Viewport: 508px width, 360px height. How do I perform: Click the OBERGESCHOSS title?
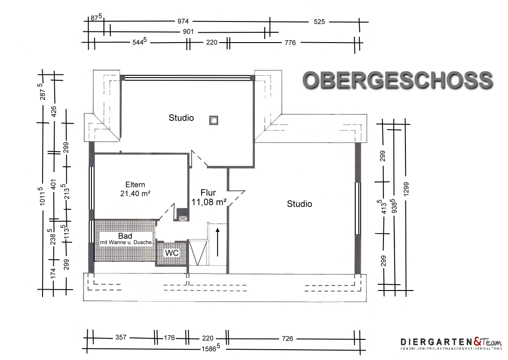[397, 80]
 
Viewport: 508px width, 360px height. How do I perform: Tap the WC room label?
[172, 253]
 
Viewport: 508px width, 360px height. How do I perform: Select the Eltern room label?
[135, 185]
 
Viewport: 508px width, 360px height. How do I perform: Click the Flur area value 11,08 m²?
[209, 202]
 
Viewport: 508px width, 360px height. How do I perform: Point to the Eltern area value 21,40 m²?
[135, 194]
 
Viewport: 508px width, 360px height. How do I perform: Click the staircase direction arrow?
[217, 242]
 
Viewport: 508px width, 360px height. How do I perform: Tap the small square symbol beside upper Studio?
[214, 120]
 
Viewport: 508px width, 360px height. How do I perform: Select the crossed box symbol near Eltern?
[183, 218]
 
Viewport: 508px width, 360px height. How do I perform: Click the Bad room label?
[125, 236]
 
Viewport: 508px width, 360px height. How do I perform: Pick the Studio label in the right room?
[299, 204]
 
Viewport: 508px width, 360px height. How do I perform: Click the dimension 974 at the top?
[183, 22]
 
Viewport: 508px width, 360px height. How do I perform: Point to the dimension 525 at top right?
[319, 22]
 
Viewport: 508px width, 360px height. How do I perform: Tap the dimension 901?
[188, 32]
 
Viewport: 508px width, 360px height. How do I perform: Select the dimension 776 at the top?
[290, 43]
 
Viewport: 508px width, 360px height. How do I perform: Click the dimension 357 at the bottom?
[121, 337]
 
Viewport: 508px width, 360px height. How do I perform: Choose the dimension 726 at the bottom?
[287, 338]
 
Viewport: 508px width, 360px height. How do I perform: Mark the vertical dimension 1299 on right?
[406, 188]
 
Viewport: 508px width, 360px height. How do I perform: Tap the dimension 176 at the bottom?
[169, 338]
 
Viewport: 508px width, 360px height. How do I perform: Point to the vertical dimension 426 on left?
[54, 112]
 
